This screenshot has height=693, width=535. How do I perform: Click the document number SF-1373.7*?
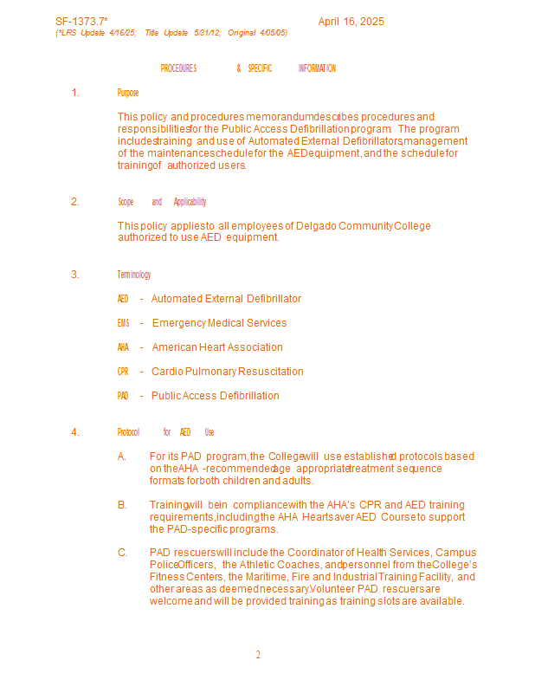[81, 22]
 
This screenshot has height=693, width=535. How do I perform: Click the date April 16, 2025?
[351, 22]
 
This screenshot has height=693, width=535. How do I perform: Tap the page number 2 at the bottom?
[258, 655]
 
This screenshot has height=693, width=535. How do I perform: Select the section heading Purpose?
[128, 93]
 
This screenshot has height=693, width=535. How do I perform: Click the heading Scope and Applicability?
[162, 202]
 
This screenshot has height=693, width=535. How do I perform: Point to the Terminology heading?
[134, 275]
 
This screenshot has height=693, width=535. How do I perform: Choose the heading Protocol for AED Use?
[165, 432]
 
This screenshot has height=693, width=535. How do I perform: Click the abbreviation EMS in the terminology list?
[123, 323]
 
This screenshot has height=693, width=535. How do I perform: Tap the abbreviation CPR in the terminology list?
[123, 372]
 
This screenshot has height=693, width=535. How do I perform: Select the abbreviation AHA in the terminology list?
[123, 347]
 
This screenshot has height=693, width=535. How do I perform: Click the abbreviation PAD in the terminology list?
[123, 396]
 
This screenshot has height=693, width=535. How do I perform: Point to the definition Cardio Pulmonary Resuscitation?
[228, 372]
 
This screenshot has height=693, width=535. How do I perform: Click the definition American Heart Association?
[217, 347]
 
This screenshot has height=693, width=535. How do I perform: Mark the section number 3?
[75, 275]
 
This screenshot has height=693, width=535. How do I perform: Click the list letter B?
[122, 505]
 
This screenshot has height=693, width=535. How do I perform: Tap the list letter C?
[122, 553]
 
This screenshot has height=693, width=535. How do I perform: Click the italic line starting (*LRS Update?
[171, 33]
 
